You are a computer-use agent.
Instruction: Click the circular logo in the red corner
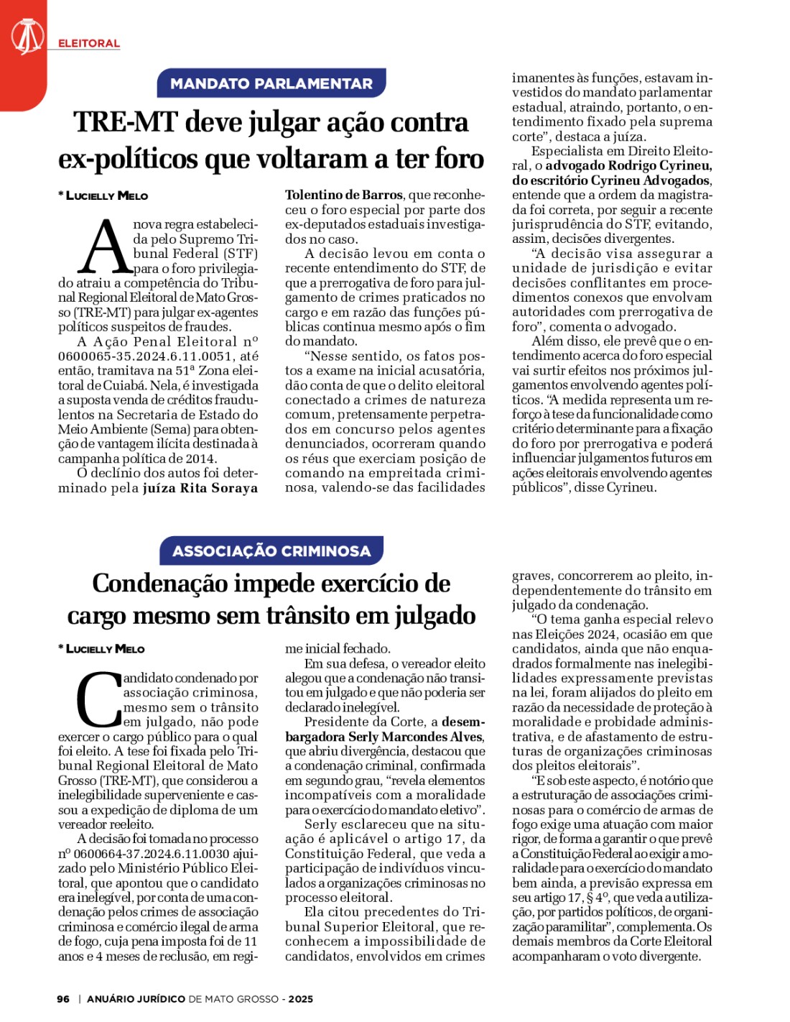pos(27,37)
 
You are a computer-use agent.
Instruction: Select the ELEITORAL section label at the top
pos(88,44)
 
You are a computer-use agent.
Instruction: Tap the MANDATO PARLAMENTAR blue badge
pos(271,83)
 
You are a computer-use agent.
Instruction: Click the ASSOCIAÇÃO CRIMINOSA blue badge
pos(271,551)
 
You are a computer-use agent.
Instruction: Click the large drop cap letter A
pos(105,247)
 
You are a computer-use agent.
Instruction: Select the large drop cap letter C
pos(98,699)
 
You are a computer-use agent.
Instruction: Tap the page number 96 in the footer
pos(63,999)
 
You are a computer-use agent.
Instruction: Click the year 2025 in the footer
pos(301,999)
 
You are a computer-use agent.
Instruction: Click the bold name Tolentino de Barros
pos(343,195)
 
